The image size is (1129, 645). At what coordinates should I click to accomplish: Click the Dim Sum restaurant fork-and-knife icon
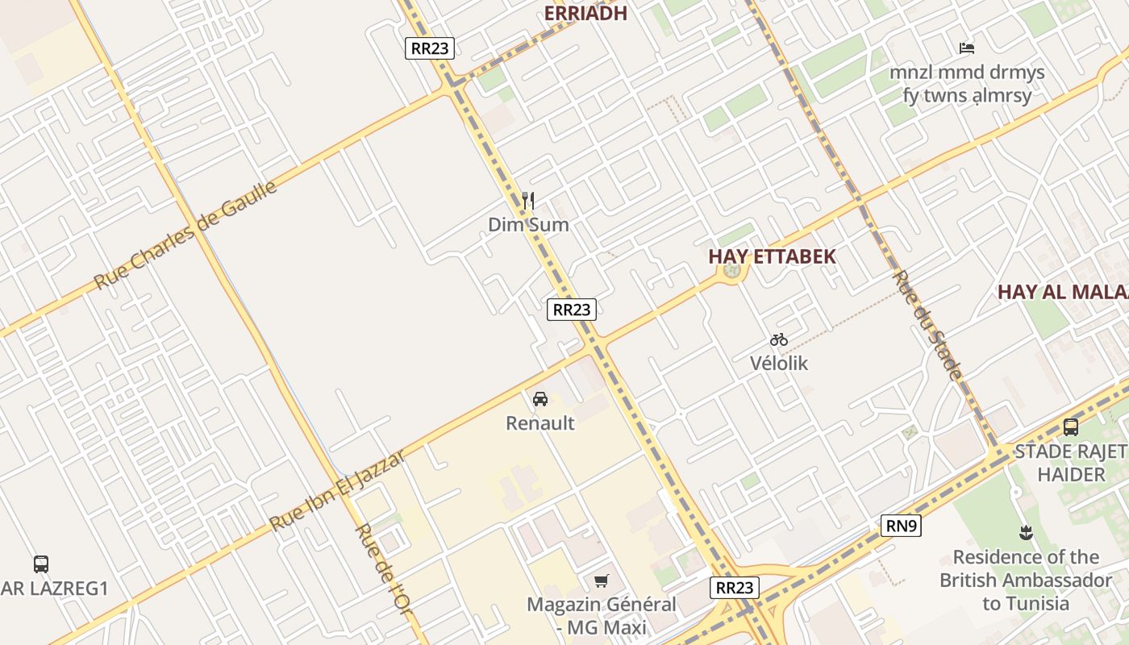point(528,200)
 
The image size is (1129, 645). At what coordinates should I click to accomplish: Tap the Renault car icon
point(540,398)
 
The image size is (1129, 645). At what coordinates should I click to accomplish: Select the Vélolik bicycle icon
point(779,339)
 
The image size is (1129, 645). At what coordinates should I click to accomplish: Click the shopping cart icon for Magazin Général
point(601,580)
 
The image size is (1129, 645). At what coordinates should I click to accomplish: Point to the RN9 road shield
point(901,526)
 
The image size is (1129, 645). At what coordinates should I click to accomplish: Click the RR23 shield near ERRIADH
point(429,48)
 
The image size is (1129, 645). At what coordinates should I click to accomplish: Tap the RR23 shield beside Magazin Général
point(735,587)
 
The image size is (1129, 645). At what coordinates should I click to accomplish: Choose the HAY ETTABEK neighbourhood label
point(772,256)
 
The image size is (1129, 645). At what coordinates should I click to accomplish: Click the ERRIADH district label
point(585,13)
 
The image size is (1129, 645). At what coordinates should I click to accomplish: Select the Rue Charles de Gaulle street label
point(185,235)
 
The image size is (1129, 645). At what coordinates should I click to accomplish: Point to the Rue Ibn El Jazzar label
point(336,491)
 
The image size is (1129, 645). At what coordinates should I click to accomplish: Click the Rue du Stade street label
point(927,325)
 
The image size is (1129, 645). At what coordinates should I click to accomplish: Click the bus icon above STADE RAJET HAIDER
point(1071,427)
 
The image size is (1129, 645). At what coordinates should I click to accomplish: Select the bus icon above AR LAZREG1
point(41,564)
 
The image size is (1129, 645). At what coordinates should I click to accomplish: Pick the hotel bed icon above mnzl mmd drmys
point(967,48)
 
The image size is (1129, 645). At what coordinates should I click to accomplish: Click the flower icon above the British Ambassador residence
point(1026,532)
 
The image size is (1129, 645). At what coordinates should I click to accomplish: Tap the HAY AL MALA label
point(1063,292)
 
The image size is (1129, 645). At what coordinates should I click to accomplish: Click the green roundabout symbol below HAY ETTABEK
point(732,272)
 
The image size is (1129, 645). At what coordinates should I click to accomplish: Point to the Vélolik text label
point(779,363)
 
